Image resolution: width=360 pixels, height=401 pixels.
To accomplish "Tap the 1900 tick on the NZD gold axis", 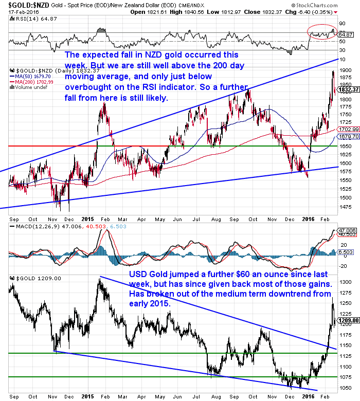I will (346, 69).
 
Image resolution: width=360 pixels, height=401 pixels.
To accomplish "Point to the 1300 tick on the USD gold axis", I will (346, 282).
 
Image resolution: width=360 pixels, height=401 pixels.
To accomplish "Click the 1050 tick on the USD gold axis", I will (346, 388).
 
